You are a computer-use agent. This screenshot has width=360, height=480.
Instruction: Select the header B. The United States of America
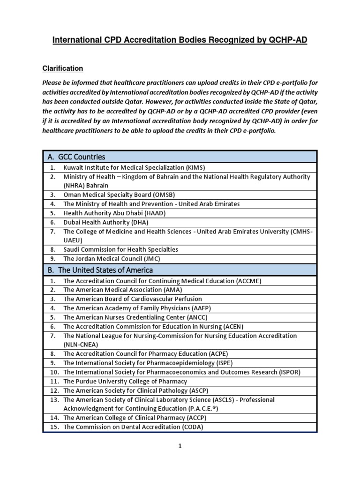[100, 270]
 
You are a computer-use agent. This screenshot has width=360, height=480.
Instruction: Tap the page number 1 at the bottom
[180, 447]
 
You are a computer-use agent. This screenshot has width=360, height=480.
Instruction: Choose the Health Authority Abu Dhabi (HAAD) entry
[114, 213]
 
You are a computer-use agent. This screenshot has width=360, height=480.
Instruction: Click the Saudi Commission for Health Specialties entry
[120, 249]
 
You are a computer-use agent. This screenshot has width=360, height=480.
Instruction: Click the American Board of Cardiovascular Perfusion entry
[133, 299]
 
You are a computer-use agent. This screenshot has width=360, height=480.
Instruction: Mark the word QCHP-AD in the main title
[288, 41]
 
